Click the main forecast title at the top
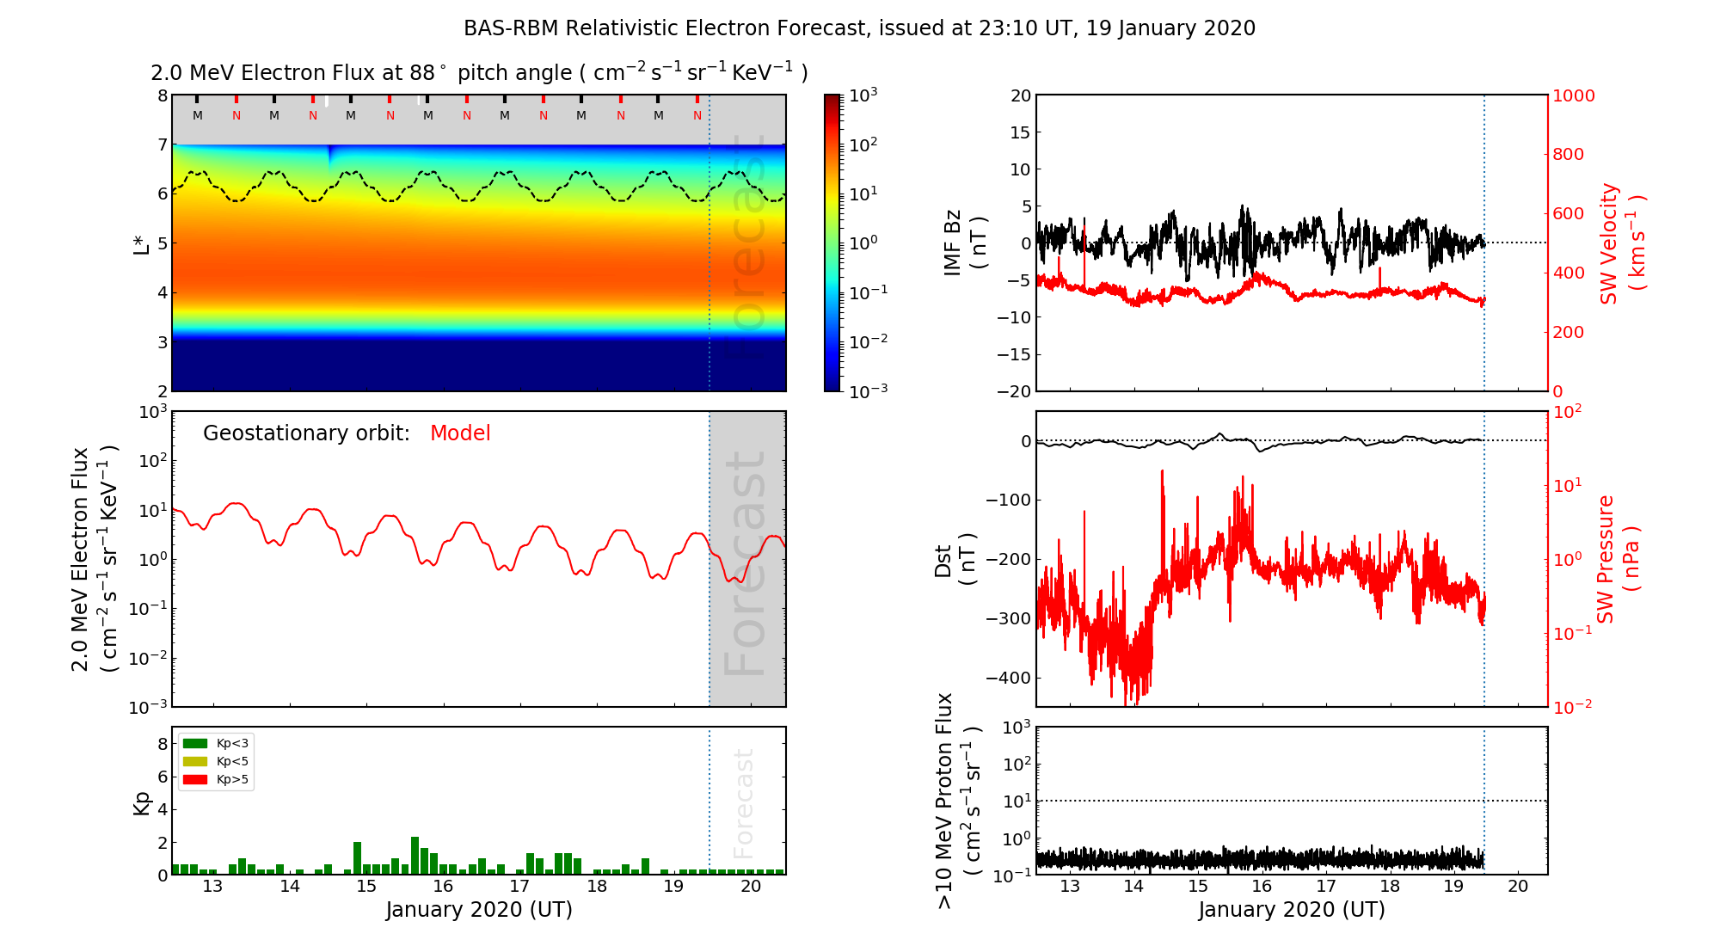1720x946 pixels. [x=859, y=28]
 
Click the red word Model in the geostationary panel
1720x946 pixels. [x=460, y=433]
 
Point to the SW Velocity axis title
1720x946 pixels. [x=1621, y=243]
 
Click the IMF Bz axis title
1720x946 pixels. [x=964, y=243]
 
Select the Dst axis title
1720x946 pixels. [x=955, y=560]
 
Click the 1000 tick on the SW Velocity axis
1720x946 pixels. [x=1573, y=96]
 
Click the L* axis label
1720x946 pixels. [x=141, y=243]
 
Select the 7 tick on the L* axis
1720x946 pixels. [x=162, y=144]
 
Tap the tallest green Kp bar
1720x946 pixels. [x=415, y=855]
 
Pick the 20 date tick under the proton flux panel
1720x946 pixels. [x=1518, y=887]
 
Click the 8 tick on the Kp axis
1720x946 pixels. [x=162, y=744]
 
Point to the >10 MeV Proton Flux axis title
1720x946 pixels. [x=958, y=801]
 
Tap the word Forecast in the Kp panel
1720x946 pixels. [x=744, y=803]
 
